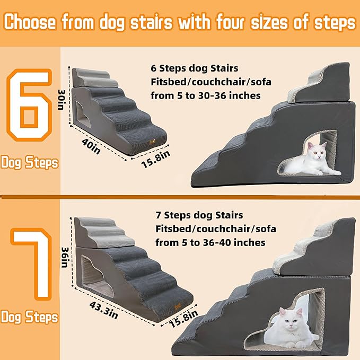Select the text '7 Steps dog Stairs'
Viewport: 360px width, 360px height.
coord(199,215)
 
